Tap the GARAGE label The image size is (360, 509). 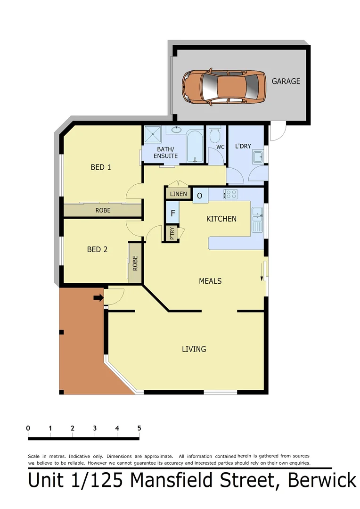[x=286, y=81]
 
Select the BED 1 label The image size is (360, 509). [x=100, y=167]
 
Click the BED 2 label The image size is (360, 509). [x=97, y=249]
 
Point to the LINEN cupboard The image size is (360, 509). [x=179, y=194]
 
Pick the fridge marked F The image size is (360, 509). [x=173, y=213]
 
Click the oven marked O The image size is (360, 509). [x=200, y=196]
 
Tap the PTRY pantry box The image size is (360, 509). [x=172, y=234]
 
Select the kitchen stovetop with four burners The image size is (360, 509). [x=230, y=194]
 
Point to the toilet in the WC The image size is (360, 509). [x=214, y=136]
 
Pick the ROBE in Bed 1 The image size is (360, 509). [x=103, y=210]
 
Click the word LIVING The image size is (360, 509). [x=194, y=349]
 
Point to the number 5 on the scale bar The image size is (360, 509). [x=139, y=428]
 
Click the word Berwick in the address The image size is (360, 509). [x=321, y=481]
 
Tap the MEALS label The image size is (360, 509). [x=210, y=281]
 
